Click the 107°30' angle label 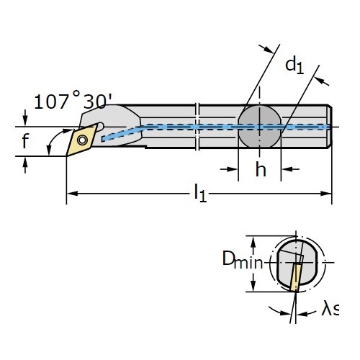click(x=73, y=101)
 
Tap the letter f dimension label click(x=25, y=141)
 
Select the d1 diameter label click(x=294, y=66)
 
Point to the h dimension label click(x=261, y=169)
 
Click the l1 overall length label click(x=200, y=193)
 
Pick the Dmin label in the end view click(x=243, y=259)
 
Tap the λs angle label click(x=330, y=310)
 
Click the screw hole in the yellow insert click(x=82, y=140)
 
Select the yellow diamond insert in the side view click(x=82, y=140)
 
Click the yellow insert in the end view click(x=295, y=277)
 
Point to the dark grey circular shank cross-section click(x=259, y=127)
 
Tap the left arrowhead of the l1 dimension click(x=73, y=193)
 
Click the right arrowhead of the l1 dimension click(x=326, y=193)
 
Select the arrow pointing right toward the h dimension click(x=229, y=169)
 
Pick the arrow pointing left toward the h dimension click(x=290, y=169)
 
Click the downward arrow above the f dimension click(x=25, y=118)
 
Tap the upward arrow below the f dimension click(x=25, y=165)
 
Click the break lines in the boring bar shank click(x=197, y=127)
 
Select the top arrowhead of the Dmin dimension click(x=253, y=241)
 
